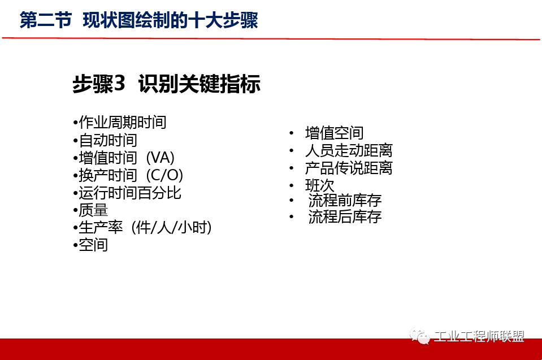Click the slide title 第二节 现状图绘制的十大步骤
coord(138,21)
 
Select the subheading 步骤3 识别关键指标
coord(166,84)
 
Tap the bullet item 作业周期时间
coord(122,122)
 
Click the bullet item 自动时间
coord(107,140)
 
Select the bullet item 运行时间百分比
coord(129,193)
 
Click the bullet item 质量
coord(93,210)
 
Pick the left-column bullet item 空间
coord(93,245)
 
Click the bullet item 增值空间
coord(334,133)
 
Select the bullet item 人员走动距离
coord(349,151)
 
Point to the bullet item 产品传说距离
coord(349,168)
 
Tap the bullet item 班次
coord(320,185)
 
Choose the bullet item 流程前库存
coord(345,201)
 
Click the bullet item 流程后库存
coord(345,217)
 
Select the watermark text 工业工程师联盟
coord(479,337)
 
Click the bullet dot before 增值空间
coord(291,133)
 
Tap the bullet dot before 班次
coord(291,185)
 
